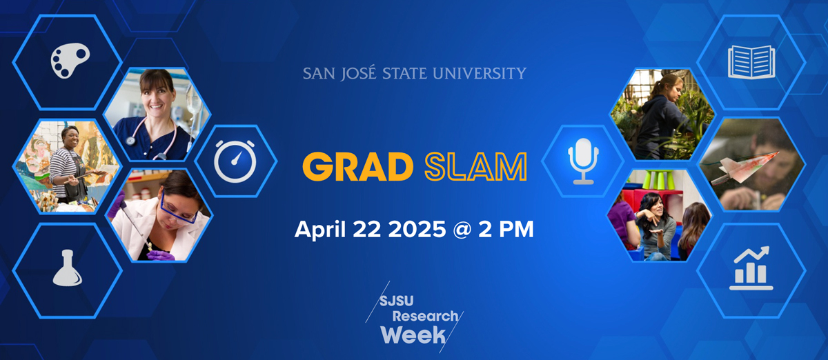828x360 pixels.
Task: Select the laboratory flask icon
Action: tap(66, 268)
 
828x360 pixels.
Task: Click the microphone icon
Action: tap(582, 161)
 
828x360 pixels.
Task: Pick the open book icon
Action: tap(751, 62)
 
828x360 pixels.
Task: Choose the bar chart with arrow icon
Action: tap(751, 268)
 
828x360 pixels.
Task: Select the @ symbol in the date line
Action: tap(455, 230)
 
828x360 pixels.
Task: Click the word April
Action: tap(318, 230)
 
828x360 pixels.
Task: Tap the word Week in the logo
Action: tap(405, 336)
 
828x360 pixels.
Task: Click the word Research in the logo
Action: tap(426, 317)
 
